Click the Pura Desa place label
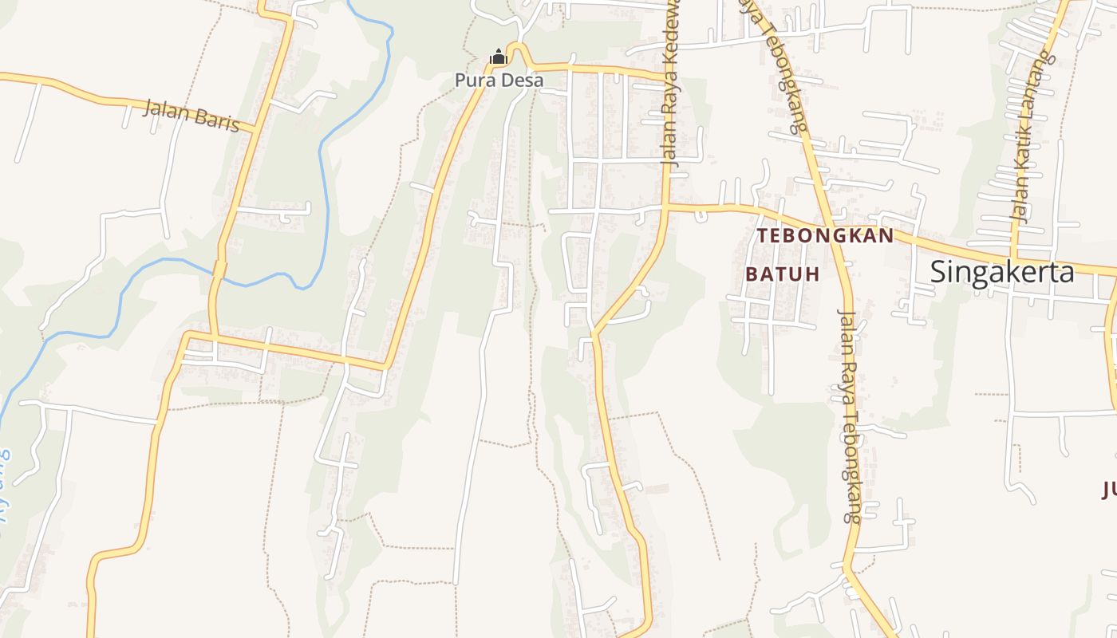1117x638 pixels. [499, 81]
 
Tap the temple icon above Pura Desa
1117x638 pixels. [499, 57]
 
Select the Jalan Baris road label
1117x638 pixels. [191, 116]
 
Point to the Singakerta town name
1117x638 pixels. [1002, 272]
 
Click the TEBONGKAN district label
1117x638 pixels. [826, 236]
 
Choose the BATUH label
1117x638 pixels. [783, 274]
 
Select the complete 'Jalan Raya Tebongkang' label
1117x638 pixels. [851, 415]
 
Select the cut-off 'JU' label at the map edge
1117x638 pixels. [1110, 489]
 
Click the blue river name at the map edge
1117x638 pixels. [4, 486]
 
